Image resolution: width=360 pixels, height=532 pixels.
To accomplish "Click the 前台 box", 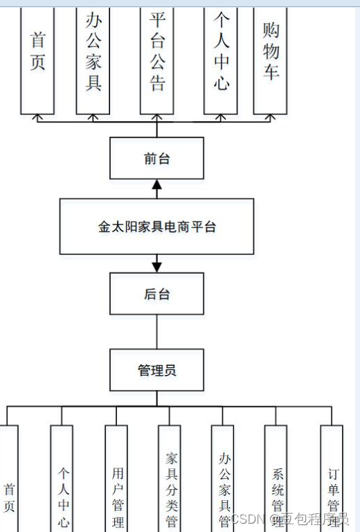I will click(156, 158).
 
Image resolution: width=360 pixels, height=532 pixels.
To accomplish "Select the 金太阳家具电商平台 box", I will click(156, 226).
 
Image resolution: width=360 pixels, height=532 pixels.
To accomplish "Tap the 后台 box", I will click(156, 294).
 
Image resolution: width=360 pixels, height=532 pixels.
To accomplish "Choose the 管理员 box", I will click(156, 370).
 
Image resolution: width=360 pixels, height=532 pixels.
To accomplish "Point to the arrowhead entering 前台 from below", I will click(156, 185).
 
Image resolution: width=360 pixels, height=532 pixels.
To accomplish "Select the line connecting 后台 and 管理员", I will click(156, 332).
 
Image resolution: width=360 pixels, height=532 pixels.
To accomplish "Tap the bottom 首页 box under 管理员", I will click(9, 484).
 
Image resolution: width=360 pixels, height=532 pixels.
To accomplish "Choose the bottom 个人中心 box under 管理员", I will click(62, 484).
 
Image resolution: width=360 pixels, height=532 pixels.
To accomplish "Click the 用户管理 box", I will click(116, 484).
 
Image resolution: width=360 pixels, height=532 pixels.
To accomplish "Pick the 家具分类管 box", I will click(170, 484).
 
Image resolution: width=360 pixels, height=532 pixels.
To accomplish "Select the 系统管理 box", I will click(276, 484).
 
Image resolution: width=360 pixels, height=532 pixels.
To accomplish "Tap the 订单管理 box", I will click(332, 484).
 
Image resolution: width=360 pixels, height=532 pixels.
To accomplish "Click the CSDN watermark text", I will click(246, 519).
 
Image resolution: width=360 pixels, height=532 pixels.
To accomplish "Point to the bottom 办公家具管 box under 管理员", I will click(222, 484).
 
